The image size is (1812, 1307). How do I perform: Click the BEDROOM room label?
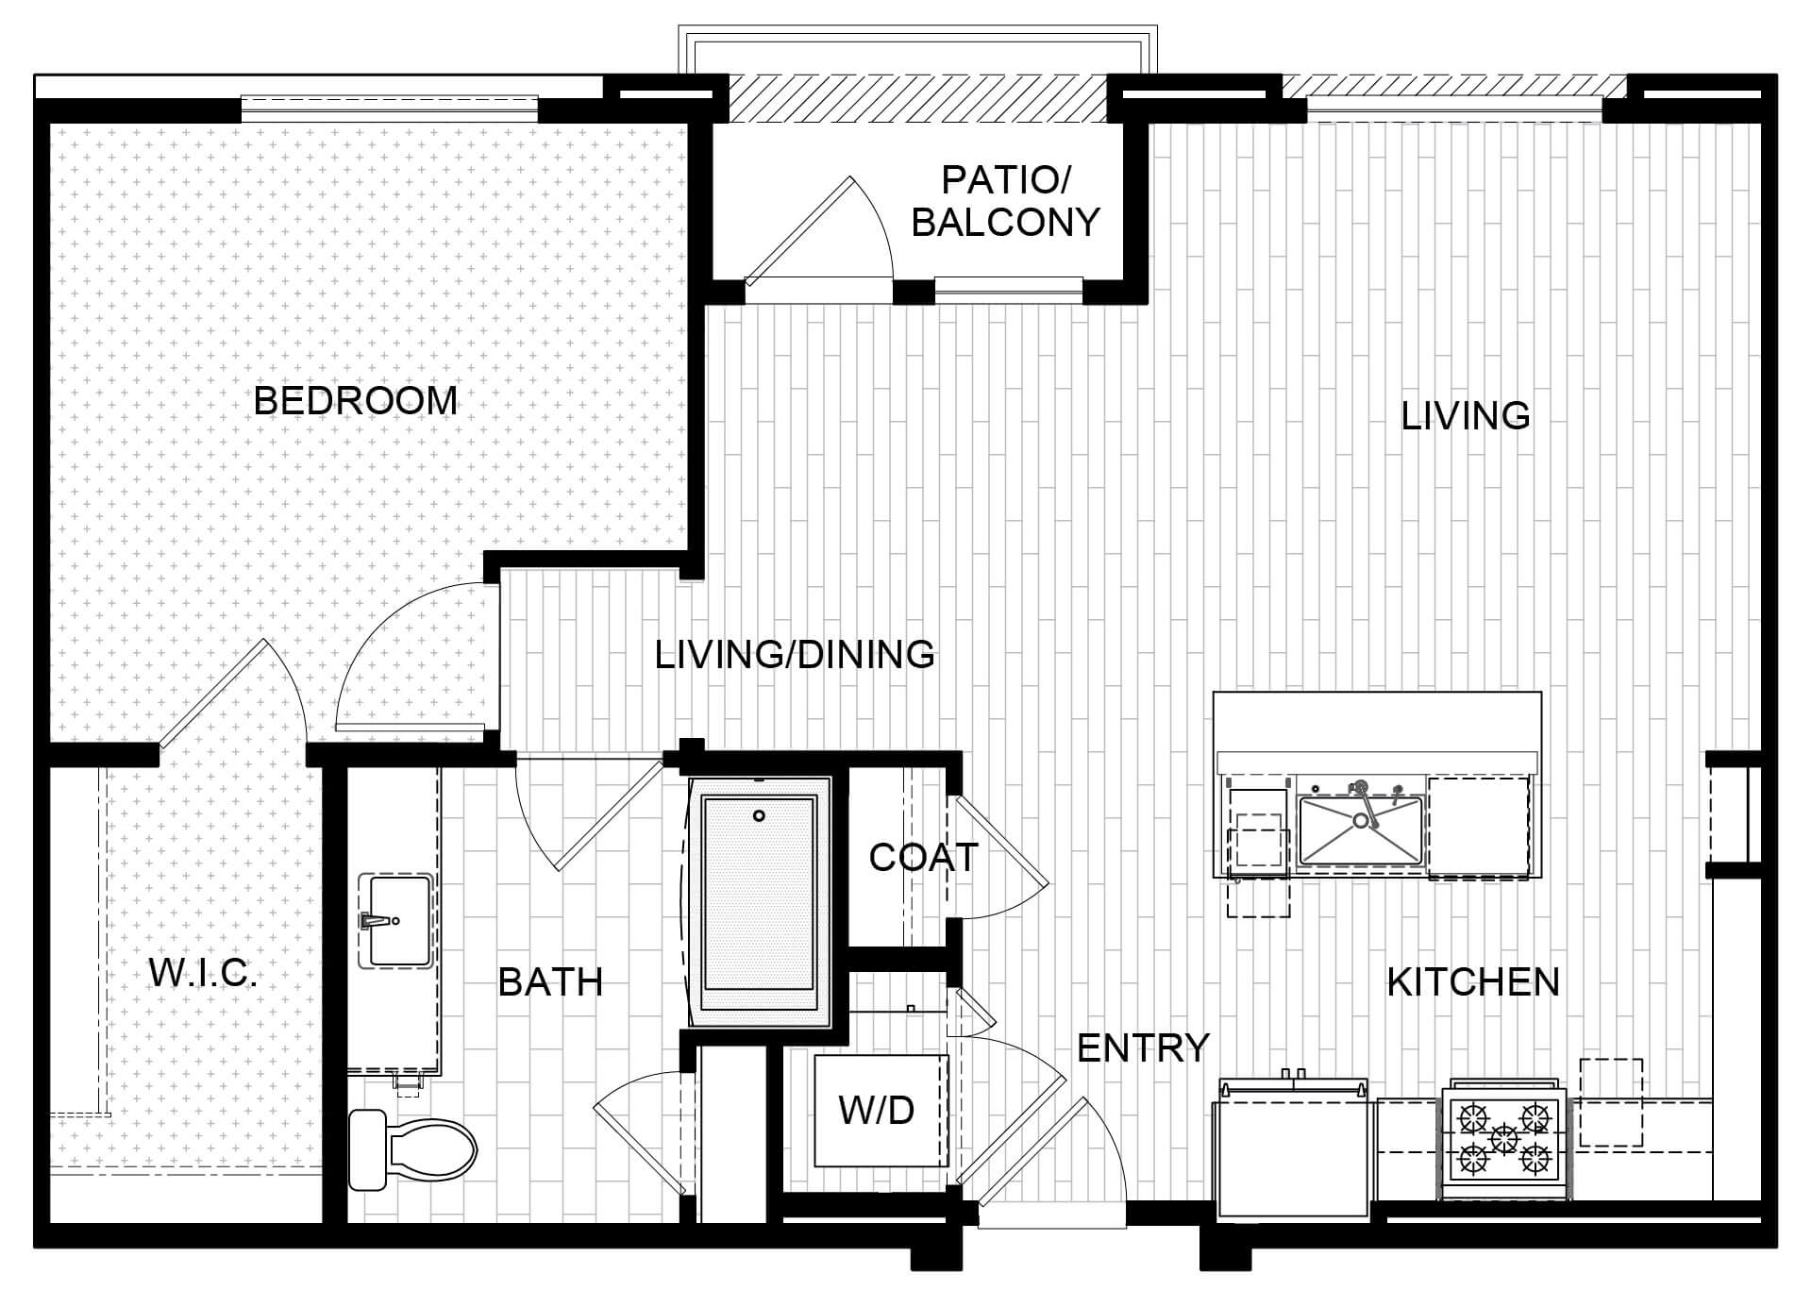tap(356, 400)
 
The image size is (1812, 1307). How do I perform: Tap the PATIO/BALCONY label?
tap(1006, 201)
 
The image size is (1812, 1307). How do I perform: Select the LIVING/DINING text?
tap(795, 654)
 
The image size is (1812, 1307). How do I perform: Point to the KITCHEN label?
tap(1473, 982)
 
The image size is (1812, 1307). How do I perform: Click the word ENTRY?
tap(1143, 1047)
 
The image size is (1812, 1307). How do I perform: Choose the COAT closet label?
tap(923, 858)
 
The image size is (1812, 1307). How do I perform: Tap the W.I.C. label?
tap(204, 973)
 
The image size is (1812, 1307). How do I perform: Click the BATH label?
tap(550, 982)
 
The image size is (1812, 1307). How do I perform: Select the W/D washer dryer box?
tap(881, 1111)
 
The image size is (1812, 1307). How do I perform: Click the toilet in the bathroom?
tap(412, 1149)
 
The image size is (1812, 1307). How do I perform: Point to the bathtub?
tap(760, 903)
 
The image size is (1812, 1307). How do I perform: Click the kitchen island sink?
tap(1360, 829)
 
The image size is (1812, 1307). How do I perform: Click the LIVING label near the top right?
tap(1466, 415)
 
